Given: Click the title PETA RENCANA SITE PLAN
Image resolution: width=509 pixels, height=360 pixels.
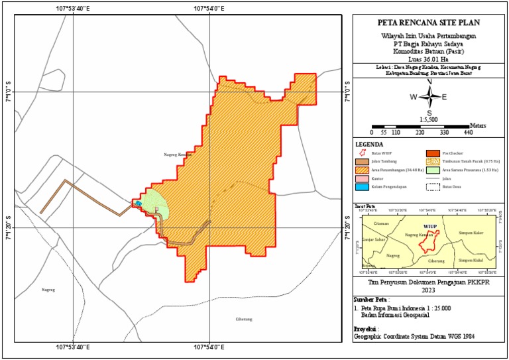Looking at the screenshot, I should [x=429, y=21].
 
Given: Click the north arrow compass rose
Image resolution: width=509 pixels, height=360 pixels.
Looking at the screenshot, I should [x=429, y=97].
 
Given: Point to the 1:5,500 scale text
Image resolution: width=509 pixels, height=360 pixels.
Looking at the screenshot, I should [x=428, y=119].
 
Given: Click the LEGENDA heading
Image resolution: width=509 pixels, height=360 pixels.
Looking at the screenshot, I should [x=369, y=144].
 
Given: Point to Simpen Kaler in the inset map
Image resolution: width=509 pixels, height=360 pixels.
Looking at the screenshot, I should [x=471, y=234].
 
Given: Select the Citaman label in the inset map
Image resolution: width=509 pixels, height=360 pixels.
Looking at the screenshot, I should [x=380, y=223].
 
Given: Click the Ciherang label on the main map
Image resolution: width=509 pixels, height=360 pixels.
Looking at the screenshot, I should [x=244, y=319].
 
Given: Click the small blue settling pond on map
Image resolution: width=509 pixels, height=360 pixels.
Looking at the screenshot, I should [x=138, y=204].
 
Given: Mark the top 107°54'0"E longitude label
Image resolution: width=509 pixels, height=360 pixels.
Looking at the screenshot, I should [x=209, y=9].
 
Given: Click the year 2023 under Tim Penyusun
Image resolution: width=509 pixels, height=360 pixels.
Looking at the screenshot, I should [x=428, y=289].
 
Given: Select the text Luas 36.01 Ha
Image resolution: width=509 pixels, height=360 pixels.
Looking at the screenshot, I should [x=428, y=58].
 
